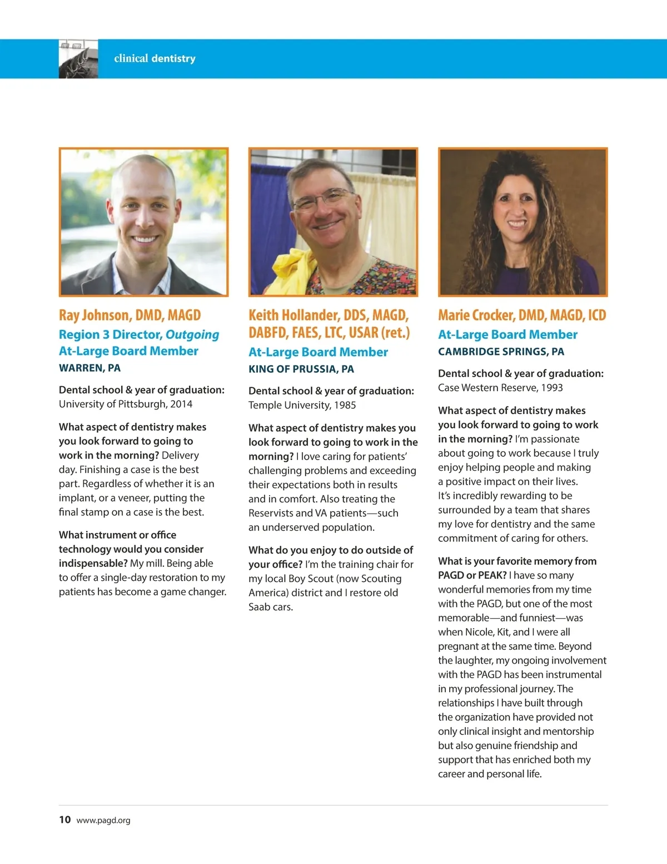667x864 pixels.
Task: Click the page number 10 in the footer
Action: pyautogui.click(x=65, y=819)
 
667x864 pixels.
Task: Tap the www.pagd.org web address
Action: pyautogui.click(x=103, y=820)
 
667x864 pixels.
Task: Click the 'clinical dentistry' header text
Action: pyautogui.click(x=155, y=58)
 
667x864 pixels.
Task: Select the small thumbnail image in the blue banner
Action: pyautogui.click(x=78, y=59)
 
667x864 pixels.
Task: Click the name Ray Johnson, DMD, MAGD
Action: pyautogui.click(x=130, y=315)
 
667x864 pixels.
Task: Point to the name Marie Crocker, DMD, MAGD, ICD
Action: pyautogui.click(x=521, y=315)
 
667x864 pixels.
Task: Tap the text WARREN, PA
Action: pyautogui.click(x=89, y=368)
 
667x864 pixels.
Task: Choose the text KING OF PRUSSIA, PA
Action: pyautogui.click(x=301, y=369)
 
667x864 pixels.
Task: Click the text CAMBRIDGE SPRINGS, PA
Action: pyautogui.click(x=501, y=352)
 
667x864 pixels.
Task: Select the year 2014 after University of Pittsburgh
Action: pyautogui.click(x=181, y=404)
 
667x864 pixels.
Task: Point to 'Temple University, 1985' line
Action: pyautogui.click(x=302, y=405)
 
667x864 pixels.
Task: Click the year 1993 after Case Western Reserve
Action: pyautogui.click(x=552, y=387)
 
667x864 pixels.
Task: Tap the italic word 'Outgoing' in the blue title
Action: pyautogui.click(x=192, y=334)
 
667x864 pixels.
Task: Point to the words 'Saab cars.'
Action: pyautogui.click(x=271, y=606)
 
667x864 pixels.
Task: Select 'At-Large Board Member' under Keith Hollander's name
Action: pyautogui.click(x=318, y=352)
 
